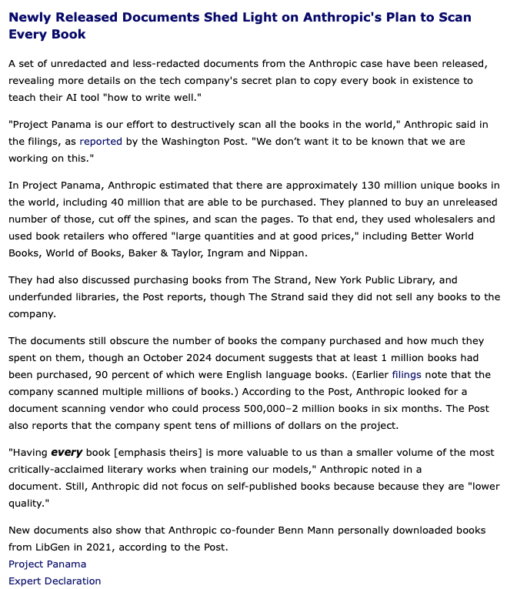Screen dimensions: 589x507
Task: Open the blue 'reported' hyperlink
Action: pos(100,142)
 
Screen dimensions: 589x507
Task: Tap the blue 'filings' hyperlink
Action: pos(408,374)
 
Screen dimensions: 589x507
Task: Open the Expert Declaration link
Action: pos(55,581)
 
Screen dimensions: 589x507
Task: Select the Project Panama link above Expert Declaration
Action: pos(47,564)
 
